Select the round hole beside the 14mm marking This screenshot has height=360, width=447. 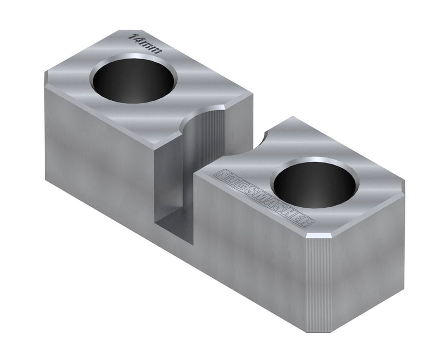pos(133,80)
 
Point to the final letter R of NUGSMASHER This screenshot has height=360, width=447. pos(307,222)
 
